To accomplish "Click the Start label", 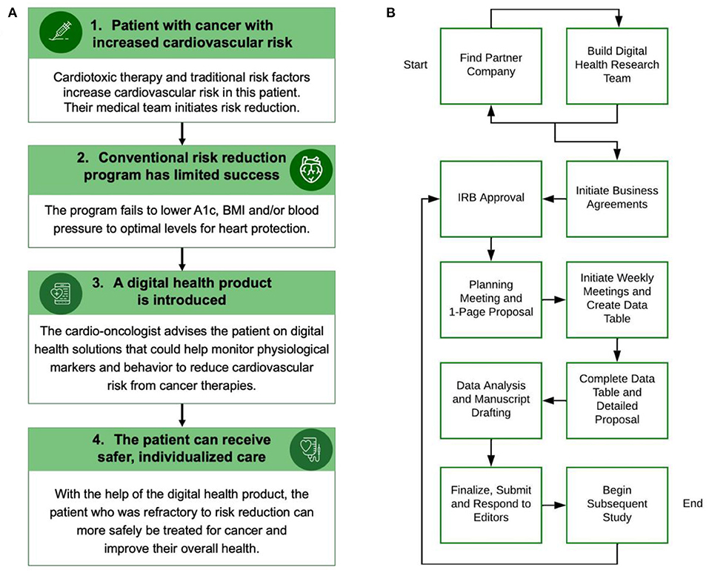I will click(x=416, y=65).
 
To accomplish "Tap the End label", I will click(x=691, y=503).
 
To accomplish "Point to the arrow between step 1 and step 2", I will click(x=182, y=133).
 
